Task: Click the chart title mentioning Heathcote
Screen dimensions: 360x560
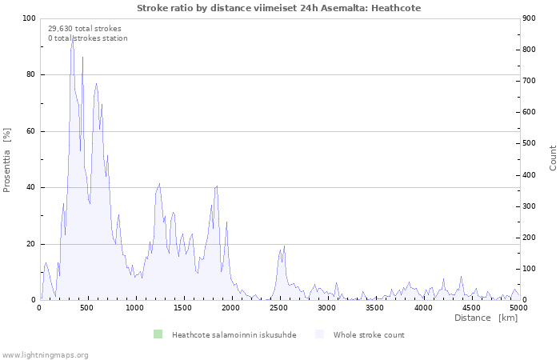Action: pyautogui.click(x=278, y=8)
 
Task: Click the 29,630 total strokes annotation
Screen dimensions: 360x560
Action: pyautogui.click(x=79, y=28)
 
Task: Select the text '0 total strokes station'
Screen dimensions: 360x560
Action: pyautogui.click(x=87, y=38)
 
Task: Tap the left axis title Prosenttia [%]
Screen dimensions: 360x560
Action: pyautogui.click(x=8, y=160)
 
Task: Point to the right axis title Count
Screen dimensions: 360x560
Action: pyautogui.click(x=553, y=158)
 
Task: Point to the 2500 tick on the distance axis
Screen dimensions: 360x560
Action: pyautogui.click(x=279, y=307)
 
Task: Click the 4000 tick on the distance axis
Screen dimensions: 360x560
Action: pyautogui.click(x=423, y=307)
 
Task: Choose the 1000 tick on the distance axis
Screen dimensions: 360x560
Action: pyautogui.click(x=135, y=307)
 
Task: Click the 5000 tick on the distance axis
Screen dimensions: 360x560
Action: pyautogui.click(x=518, y=307)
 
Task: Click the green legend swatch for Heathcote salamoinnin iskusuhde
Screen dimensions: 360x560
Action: pyautogui.click(x=158, y=334)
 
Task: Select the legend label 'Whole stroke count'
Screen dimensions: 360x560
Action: pyautogui.click(x=369, y=334)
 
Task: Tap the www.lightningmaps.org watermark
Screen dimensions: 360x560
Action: pyautogui.click(x=45, y=354)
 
